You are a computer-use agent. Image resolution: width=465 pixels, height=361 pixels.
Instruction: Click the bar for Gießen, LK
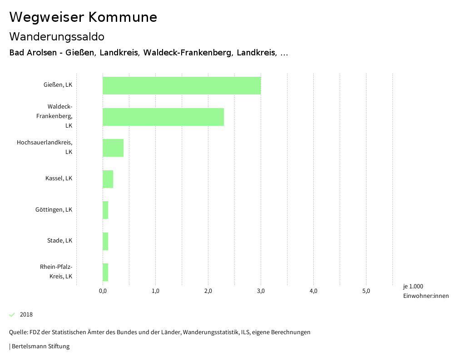point(182,85)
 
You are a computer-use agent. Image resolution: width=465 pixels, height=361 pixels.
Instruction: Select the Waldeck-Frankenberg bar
point(163,117)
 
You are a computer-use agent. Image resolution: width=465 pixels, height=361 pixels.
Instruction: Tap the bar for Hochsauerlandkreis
point(113,148)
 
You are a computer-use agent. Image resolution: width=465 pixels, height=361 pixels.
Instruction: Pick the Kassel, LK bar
point(108,178)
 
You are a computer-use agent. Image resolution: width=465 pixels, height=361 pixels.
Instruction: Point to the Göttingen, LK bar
point(105,210)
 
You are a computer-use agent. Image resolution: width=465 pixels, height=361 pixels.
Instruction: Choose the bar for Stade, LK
point(105,241)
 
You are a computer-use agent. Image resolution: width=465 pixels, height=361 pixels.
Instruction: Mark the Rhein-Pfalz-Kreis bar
point(105,272)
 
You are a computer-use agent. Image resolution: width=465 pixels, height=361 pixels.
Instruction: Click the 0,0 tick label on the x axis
point(103,291)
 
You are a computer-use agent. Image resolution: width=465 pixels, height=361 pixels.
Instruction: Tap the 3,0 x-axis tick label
point(261,291)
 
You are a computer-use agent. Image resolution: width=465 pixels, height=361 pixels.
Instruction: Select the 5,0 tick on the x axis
point(366,291)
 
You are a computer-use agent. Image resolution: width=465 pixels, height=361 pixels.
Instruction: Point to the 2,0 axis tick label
point(208,291)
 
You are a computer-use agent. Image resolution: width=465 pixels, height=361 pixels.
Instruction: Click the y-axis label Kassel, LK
point(59,178)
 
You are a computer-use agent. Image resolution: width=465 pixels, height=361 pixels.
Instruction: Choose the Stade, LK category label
point(59,241)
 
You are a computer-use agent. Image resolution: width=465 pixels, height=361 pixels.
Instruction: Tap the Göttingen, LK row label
point(54,210)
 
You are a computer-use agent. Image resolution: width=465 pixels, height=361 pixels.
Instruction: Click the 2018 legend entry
point(26,315)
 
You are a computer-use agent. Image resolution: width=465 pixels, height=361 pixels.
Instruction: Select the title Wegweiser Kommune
point(83,17)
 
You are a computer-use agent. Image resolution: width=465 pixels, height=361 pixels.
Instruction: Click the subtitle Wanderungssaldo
point(57,36)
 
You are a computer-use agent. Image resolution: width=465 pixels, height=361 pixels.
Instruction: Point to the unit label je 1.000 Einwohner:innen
point(425,291)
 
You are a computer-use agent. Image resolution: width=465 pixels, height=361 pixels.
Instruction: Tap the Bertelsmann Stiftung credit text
point(40,346)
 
